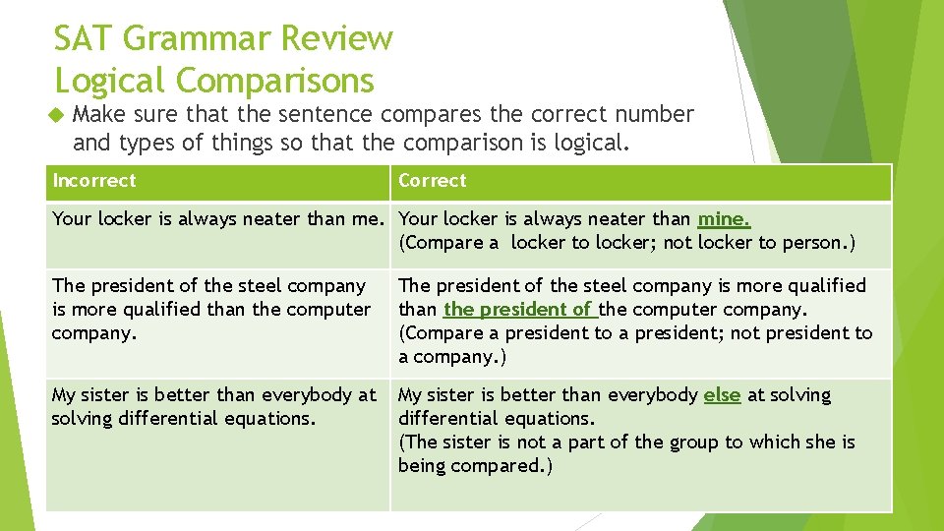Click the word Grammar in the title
(x=196, y=39)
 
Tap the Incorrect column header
(x=94, y=180)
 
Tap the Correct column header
(x=433, y=180)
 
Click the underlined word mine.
(x=724, y=219)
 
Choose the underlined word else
(x=722, y=395)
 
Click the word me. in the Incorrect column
(x=370, y=219)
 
